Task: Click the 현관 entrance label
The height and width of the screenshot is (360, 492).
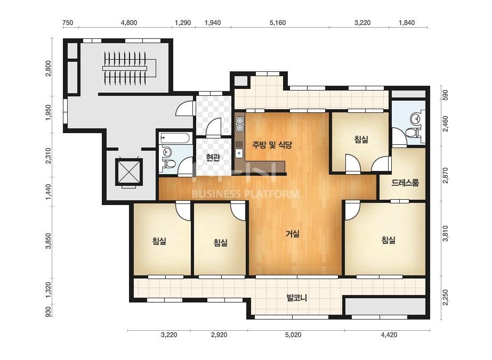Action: [213, 157]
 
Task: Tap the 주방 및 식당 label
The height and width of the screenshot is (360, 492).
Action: [272, 144]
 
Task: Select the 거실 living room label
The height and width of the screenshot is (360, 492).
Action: [293, 234]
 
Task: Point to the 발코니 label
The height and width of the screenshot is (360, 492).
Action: [296, 297]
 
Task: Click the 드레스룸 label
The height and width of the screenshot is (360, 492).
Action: [405, 183]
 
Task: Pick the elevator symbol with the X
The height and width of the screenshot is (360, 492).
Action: [129, 172]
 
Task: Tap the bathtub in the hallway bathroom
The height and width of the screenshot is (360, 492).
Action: [175, 138]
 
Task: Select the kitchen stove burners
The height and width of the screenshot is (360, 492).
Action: [240, 124]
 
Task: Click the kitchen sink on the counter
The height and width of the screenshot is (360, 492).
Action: [239, 153]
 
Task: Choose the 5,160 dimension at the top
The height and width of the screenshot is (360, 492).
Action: [278, 22]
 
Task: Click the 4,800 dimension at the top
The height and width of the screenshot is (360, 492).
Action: [129, 22]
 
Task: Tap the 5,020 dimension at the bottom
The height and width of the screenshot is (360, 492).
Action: [293, 335]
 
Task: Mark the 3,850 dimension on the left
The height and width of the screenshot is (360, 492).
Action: [48, 241]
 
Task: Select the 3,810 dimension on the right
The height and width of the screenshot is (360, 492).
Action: [445, 234]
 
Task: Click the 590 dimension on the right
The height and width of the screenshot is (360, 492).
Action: [445, 95]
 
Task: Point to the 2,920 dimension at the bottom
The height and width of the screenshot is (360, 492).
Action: [219, 335]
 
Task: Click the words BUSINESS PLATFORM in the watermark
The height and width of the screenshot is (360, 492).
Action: [245, 194]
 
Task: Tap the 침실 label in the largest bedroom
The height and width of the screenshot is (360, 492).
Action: [389, 240]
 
